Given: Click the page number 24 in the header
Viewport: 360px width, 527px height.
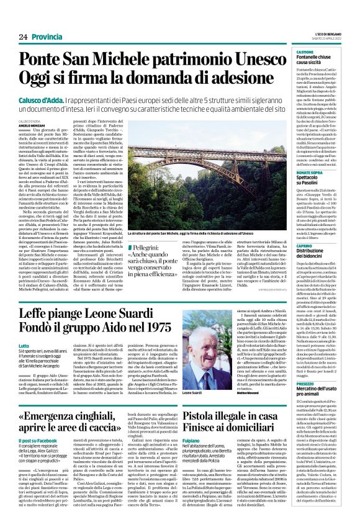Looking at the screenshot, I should (x=24, y=37).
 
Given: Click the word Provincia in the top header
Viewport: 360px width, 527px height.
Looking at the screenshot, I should (x=48, y=37).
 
